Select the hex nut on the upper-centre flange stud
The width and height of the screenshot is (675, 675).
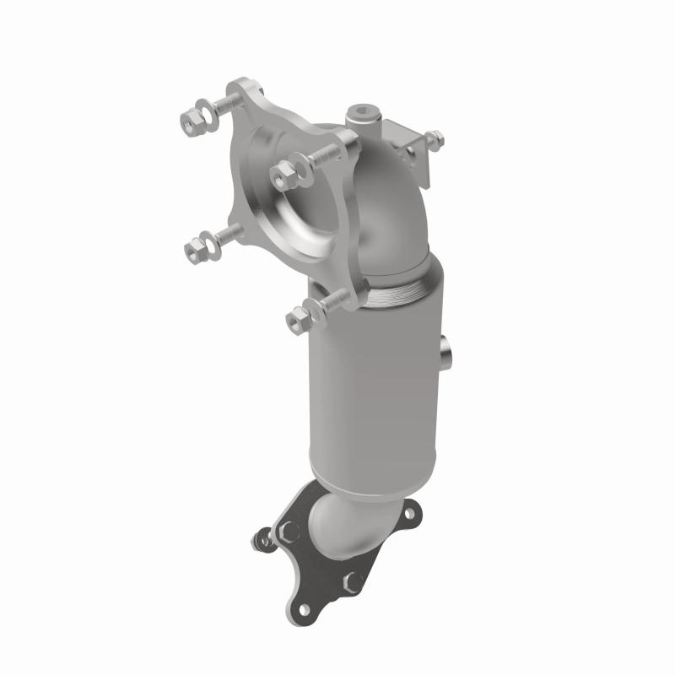[283, 174]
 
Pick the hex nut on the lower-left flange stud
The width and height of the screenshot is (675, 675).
[194, 248]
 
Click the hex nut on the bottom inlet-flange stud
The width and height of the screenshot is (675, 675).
[299, 317]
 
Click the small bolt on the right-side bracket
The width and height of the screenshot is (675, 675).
[434, 138]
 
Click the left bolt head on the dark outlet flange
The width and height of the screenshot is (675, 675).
[289, 532]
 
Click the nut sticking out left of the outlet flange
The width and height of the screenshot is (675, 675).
[263, 537]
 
